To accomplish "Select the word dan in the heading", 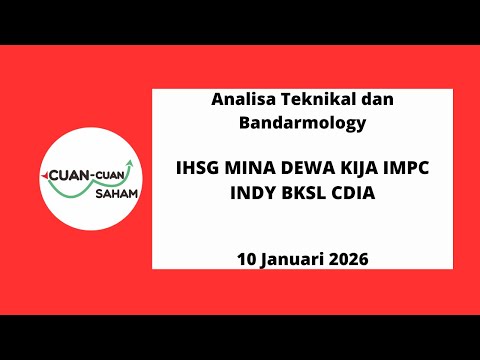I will tap(371, 101).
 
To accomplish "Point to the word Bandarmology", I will tap(303, 124).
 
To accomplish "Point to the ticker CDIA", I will tap(352, 193).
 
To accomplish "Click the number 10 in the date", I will tap(247, 258).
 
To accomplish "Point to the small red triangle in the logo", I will tap(43, 173).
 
